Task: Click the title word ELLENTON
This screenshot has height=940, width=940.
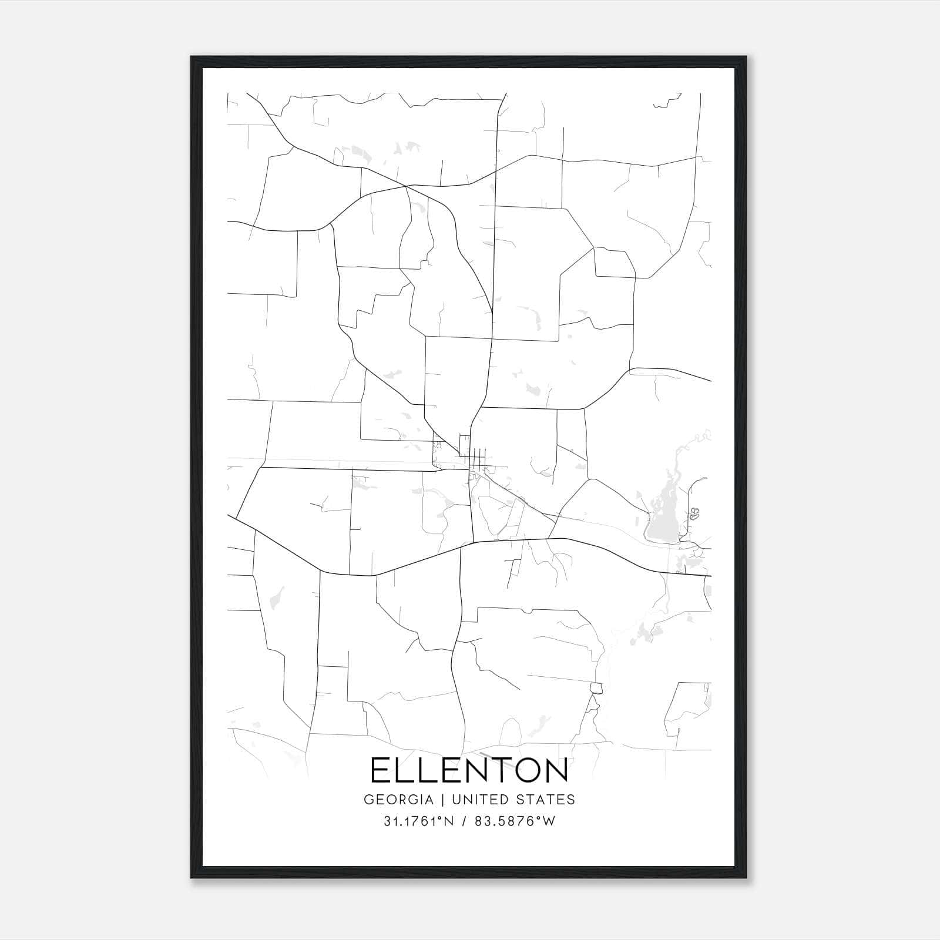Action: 469,770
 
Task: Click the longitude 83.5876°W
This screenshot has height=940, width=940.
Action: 515,821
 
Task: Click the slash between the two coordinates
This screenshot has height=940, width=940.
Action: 464,821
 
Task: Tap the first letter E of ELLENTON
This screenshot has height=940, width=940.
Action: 380,770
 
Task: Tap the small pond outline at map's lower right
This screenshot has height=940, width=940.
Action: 596,689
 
